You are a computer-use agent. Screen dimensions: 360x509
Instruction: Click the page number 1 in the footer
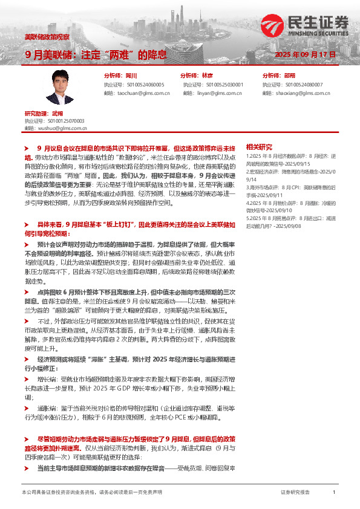(334, 493)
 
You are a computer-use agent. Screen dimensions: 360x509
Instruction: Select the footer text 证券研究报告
(295, 493)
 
